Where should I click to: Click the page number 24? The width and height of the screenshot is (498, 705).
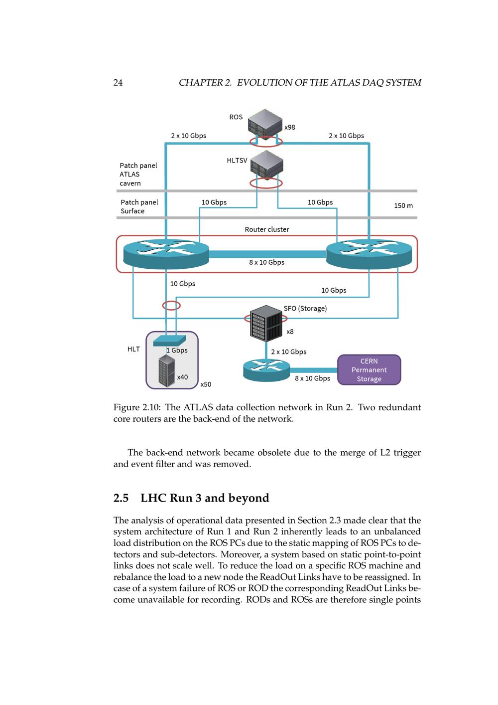tap(118, 83)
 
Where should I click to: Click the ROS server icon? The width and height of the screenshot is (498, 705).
tap(265, 122)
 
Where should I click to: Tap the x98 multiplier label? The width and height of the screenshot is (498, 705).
tap(289, 127)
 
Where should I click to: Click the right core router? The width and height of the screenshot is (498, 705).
tap(369, 253)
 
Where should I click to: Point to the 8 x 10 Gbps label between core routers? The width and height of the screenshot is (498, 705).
tap(266, 262)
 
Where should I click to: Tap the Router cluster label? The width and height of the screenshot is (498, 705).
tap(266, 229)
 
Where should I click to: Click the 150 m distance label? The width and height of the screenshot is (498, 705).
tap(403, 205)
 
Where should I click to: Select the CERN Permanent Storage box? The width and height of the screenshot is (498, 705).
tap(369, 370)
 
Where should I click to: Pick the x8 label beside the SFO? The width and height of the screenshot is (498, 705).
tap(290, 332)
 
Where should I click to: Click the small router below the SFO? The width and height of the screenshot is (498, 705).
tap(266, 370)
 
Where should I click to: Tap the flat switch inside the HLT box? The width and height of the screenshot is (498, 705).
tap(169, 341)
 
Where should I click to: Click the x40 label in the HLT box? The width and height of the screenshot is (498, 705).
tap(182, 377)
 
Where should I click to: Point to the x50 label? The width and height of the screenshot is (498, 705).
tap(206, 384)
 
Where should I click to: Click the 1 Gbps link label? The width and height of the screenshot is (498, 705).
tap(177, 351)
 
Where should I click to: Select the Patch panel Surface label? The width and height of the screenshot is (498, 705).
tap(139, 206)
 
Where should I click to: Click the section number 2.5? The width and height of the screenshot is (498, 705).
tap(121, 498)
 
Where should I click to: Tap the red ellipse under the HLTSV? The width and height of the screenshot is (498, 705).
tap(266, 183)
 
